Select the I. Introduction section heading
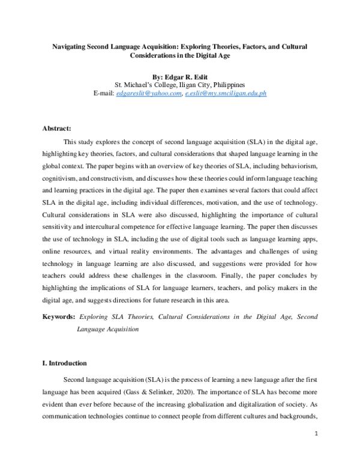[x=65, y=363]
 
